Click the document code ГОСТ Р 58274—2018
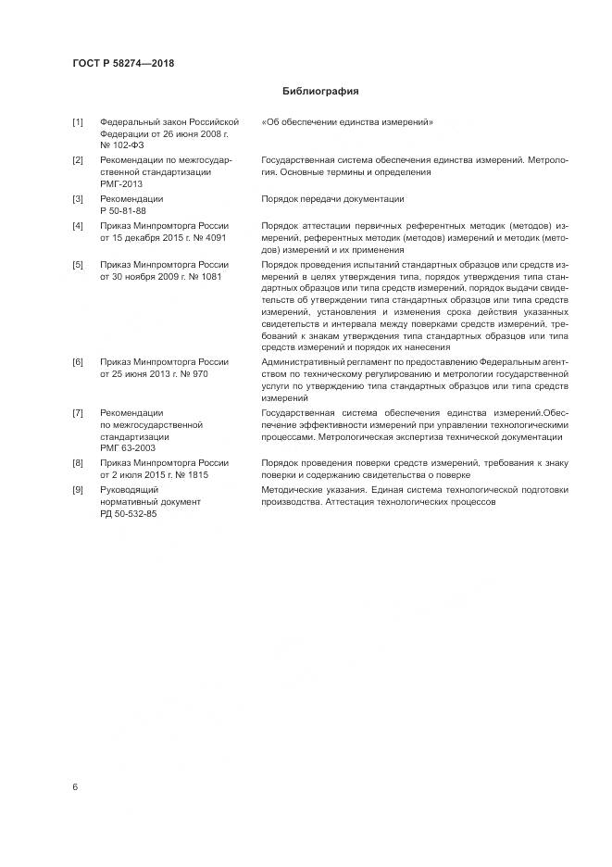[123, 64]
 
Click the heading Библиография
[319, 92]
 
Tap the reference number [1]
[78, 122]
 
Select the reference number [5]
[78, 265]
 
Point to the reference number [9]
[78, 489]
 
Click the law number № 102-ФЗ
[121, 145]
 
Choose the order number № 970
[197, 371]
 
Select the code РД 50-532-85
[129, 513]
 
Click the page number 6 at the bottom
[75, 786]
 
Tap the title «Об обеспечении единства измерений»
[348, 122]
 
